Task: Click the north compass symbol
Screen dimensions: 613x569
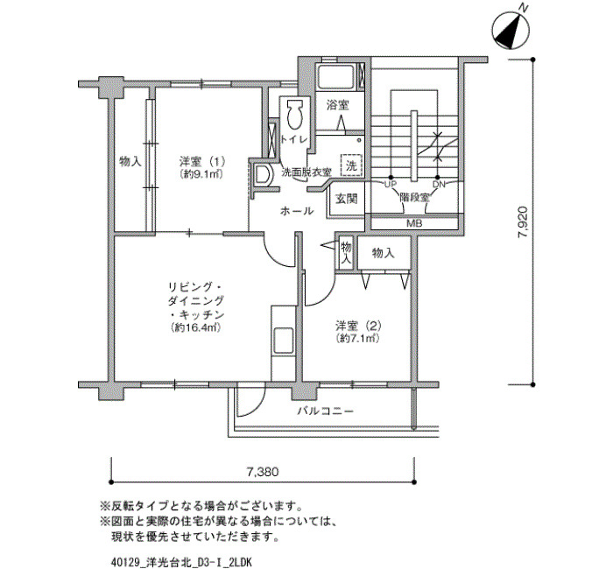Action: click(511, 31)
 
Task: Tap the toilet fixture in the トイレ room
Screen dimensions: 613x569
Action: click(295, 115)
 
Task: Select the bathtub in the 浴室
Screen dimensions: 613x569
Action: click(336, 77)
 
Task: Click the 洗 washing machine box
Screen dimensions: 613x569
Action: click(351, 165)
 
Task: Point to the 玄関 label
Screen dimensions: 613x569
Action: click(347, 199)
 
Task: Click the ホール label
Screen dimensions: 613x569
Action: click(297, 212)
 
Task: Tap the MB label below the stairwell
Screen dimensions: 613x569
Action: click(414, 223)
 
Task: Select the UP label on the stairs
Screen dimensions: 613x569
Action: click(391, 184)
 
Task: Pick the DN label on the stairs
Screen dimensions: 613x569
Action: click(439, 184)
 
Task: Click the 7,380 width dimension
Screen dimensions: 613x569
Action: click(263, 472)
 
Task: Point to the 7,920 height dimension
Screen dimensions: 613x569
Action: click(523, 222)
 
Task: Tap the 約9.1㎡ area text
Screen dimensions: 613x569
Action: click(201, 174)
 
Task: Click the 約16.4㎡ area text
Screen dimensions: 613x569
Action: click(196, 327)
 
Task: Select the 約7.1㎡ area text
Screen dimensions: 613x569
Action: click(357, 339)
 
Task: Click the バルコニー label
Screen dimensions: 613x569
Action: click(325, 411)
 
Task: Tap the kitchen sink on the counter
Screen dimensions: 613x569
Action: click(284, 341)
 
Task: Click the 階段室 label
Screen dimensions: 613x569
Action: click(414, 197)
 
